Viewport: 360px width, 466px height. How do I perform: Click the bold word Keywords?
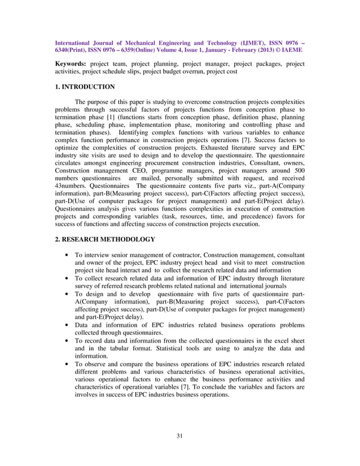[71, 64]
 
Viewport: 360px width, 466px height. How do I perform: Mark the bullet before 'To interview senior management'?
[69, 255]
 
